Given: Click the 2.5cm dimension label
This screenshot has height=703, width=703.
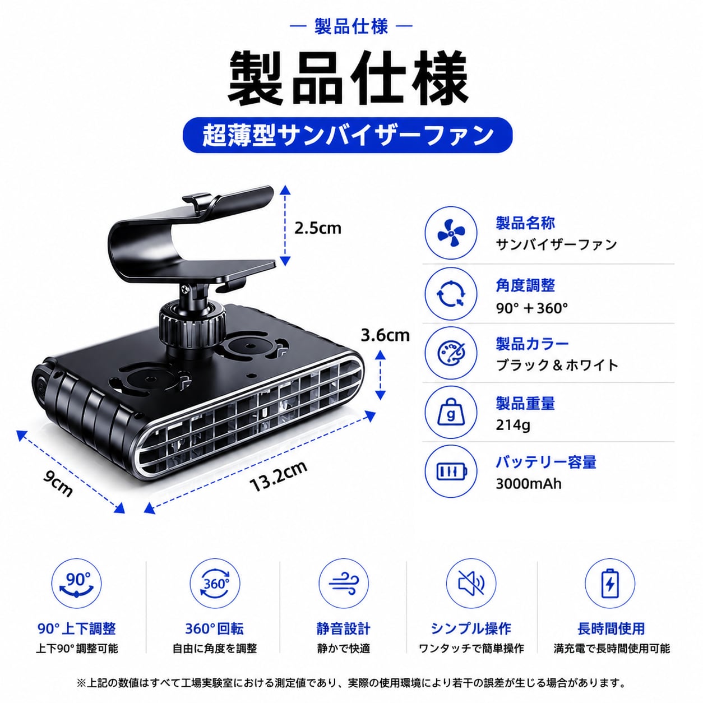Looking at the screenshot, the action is pos(317,228).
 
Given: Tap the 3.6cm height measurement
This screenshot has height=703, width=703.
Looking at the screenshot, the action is pos(385,335).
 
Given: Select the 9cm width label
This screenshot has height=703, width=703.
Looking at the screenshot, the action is pos(58,483).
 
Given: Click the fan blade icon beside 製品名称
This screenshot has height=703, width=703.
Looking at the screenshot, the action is pos(451,233).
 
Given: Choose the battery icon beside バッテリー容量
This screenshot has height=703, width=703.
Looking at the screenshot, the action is pos(452,471).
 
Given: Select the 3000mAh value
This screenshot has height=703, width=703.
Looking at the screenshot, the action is pos(528,484).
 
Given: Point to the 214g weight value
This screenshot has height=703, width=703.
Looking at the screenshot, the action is pos(512,424).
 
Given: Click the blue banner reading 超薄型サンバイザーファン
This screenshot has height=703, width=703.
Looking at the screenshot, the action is pos(348,135).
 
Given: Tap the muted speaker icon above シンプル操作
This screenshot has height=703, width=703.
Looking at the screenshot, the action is pos(471,584).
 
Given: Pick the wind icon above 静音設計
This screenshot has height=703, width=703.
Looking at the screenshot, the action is pos(343,584).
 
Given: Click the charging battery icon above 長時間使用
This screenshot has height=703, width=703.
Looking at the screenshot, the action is pos(610,584).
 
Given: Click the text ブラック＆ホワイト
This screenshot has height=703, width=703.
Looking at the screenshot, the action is pos(557,365).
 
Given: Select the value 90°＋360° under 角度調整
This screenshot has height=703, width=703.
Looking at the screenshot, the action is pos(531,309).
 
